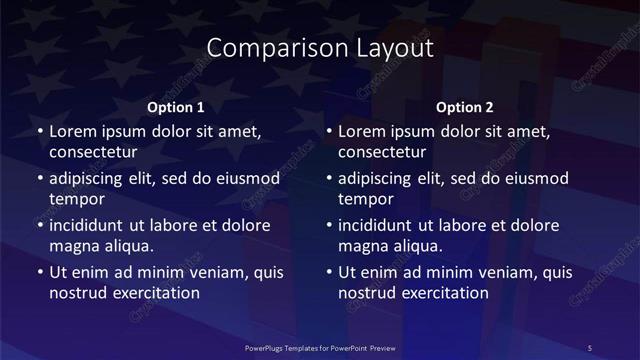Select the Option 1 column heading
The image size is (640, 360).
[x=176, y=107]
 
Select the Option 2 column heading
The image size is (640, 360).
[x=465, y=107]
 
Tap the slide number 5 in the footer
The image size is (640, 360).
[x=589, y=347]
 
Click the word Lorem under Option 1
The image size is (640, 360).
[x=73, y=131]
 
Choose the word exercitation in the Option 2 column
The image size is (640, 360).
[x=441, y=293]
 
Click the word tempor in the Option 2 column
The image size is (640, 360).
[x=366, y=199]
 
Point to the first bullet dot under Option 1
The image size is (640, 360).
[x=39, y=132]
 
